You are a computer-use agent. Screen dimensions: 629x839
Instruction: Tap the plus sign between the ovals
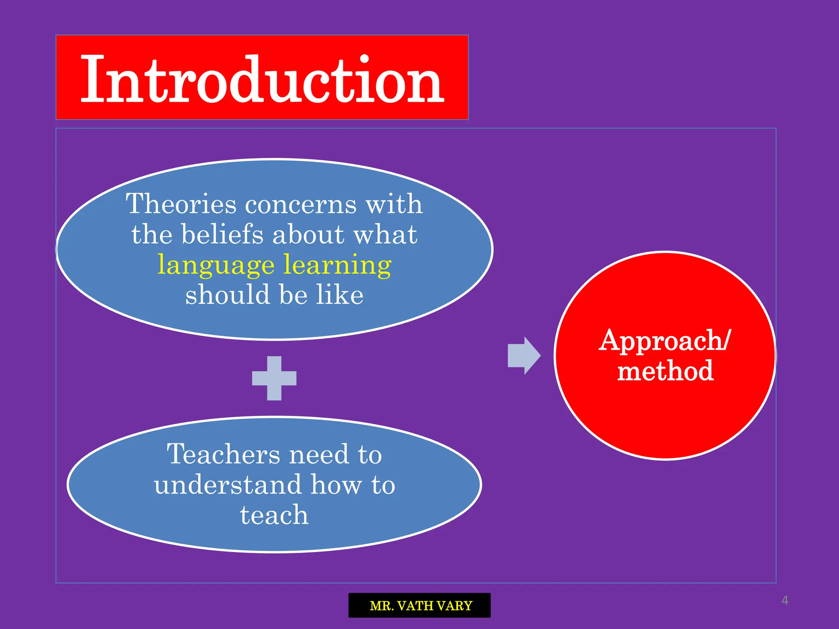click(274, 378)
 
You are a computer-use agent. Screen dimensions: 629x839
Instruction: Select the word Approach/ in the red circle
click(664, 341)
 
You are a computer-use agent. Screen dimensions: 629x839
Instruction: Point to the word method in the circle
click(665, 371)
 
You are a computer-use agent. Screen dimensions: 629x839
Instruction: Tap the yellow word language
click(216, 265)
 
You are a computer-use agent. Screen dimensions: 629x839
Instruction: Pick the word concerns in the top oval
click(300, 204)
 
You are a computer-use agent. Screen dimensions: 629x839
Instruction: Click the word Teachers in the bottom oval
click(223, 454)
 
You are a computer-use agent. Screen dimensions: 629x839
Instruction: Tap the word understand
click(227, 485)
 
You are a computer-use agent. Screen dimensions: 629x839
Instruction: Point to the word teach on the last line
click(274, 515)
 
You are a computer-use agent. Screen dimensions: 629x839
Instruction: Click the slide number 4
click(785, 600)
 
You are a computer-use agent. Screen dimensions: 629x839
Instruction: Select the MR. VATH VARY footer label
click(420, 605)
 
